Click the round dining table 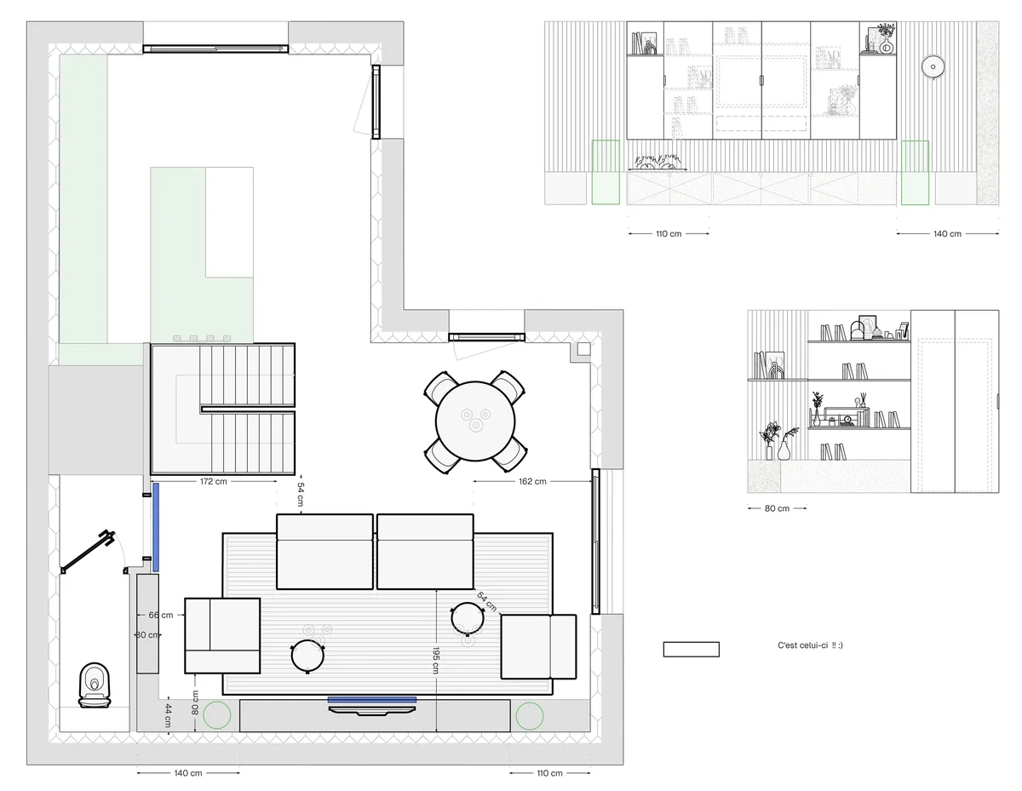475,421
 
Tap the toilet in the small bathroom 95,685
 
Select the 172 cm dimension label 213,481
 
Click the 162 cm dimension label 532,481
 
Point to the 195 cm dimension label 435,661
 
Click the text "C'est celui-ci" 802,645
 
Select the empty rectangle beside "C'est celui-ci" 691,649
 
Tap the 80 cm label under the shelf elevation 777,508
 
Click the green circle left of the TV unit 216,715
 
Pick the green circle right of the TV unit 530,716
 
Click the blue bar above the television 372,700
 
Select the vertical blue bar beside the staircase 156,527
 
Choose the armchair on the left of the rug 222,635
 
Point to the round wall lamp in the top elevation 933,66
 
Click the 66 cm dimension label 161,615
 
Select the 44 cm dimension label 168,715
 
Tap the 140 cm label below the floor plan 188,773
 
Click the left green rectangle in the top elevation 606,172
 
